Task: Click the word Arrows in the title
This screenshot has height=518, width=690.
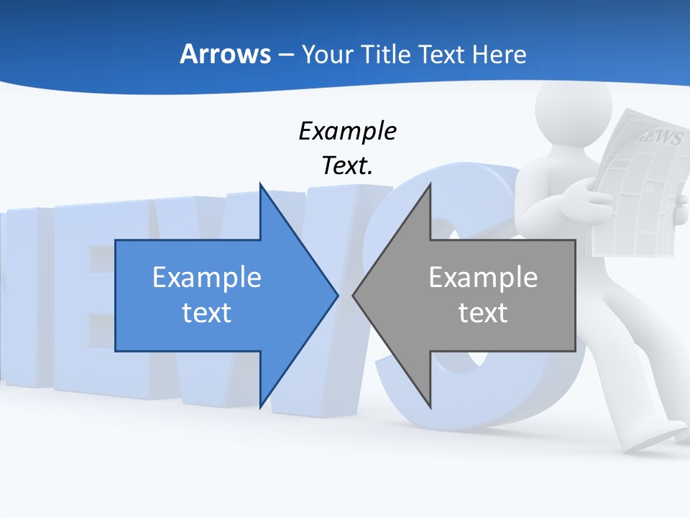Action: click(225, 54)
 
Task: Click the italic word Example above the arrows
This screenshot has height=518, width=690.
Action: click(347, 132)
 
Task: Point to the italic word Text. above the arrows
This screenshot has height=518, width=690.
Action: click(347, 165)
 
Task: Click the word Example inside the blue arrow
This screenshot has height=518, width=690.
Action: click(207, 278)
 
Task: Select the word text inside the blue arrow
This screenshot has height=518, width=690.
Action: click(207, 313)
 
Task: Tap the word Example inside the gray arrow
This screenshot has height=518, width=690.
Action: click(483, 278)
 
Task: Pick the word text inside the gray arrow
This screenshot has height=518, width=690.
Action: click(483, 313)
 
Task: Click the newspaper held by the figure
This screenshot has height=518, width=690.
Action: click(640, 187)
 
